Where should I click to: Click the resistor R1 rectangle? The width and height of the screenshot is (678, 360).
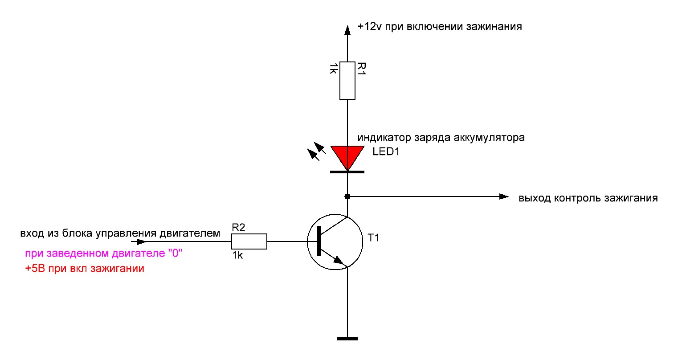(347, 80)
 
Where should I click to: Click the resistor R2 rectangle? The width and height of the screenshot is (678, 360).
(249, 241)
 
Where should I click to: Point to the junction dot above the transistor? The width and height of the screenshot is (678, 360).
(347, 196)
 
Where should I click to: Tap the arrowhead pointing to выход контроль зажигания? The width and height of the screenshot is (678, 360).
(504, 196)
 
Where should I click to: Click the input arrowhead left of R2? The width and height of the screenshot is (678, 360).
(141, 242)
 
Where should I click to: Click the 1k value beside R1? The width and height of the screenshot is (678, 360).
(333, 68)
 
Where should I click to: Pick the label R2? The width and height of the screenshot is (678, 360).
(239, 228)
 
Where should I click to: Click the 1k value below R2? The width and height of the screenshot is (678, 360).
(237, 256)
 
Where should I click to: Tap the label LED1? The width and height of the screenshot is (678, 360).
(386, 152)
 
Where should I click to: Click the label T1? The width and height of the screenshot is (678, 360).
(373, 238)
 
